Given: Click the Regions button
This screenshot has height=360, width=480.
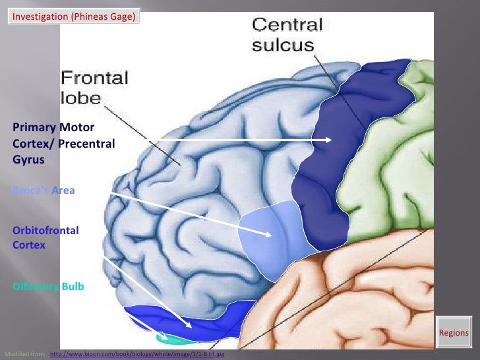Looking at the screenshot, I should click(x=453, y=333).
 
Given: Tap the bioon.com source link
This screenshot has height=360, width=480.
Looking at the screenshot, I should click(x=137, y=354).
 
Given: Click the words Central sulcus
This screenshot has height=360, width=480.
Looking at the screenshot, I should click(x=287, y=34).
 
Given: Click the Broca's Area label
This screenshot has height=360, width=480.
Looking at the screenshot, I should click(x=44, y=191).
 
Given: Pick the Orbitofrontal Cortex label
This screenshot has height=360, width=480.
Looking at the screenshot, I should click(x=45, y=237).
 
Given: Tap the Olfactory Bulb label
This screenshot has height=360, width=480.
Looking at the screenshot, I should click(x=48, y=287).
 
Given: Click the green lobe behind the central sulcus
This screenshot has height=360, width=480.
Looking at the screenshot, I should click(x=409, y=165).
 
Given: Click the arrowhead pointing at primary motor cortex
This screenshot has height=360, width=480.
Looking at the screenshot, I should click(x=329, y=140).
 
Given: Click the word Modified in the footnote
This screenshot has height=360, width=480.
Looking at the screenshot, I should click(x=17, y=354).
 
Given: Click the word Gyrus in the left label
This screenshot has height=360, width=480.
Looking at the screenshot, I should click(x=28, y=159).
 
